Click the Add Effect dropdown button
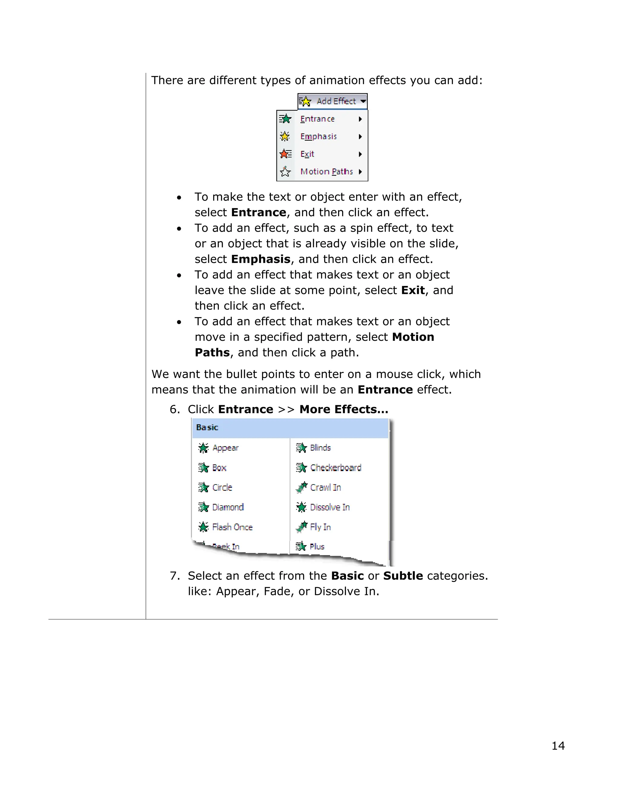point(332,101)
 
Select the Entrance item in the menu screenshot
point(317,119)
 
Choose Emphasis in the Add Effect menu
point(318,136)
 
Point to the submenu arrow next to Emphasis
point(360,136)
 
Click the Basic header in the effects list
point(207,427)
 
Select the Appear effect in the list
point(225,448)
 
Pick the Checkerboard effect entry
point(335,468)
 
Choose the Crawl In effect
point(325,487)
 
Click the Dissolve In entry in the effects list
point(329,507)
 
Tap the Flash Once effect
point(232,527)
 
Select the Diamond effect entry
point(228,507)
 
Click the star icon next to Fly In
point(302,527)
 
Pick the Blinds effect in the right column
point(320,448)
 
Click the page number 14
point(558,746)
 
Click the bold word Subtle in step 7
point(403,576)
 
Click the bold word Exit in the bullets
point(413,291)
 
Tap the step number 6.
point(174,409)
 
